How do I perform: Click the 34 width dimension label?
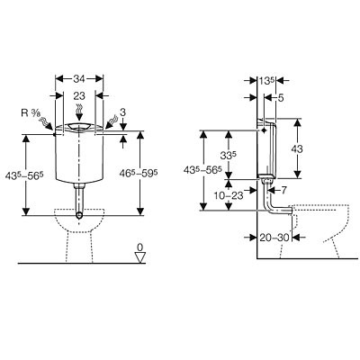point(79,79)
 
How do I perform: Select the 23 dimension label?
point(79,96)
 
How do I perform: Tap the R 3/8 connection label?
point(31,112)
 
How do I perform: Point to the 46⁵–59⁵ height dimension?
point(139,173)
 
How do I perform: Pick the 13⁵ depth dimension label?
point(267,81)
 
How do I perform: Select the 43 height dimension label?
point(297,148)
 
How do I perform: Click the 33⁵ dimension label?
point(229,156)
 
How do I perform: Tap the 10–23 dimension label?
point(229,195)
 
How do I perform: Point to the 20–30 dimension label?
point(274,238)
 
